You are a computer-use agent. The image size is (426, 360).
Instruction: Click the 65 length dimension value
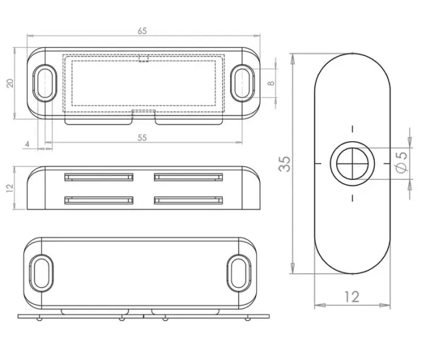click(x=142, y=30)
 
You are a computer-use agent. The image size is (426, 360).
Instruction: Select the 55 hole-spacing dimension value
click(x=142, y=137)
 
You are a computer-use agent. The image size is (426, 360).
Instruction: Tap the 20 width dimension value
click(x=10, y=83)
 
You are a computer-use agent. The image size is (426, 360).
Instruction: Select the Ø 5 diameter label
click(x=400, y=163)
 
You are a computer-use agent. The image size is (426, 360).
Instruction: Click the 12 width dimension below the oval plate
click(x=352, y=297)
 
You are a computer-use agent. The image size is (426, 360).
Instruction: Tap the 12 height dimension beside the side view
click(x=10, y=189)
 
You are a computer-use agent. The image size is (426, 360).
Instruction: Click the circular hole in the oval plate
click(x=352, y=164)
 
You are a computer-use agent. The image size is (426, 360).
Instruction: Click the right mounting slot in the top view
click(x=242, y=81)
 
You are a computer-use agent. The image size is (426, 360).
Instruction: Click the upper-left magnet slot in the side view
click(x=99, y=178)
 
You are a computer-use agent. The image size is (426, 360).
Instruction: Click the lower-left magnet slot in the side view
click(x=99, y=200)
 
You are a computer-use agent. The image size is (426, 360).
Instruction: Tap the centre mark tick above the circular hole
click(x=352, y=130)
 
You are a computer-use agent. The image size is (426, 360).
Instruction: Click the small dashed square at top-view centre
click(x=144, y=59)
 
